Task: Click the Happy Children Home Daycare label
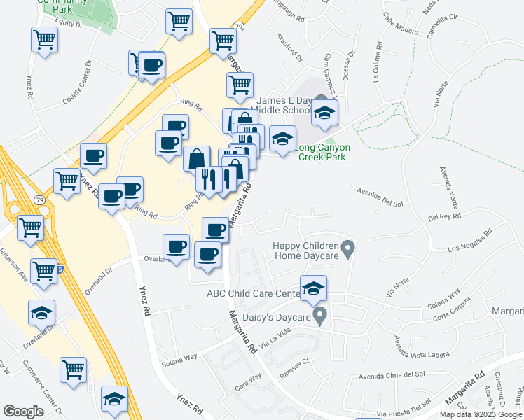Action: click(x=305, y=250)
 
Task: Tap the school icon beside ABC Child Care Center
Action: click(x=313, y=288)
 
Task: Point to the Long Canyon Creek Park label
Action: click(x=322, y=153)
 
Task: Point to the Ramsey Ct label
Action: click(x=294, y=363)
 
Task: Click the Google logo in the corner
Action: click(x=23, y=412)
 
